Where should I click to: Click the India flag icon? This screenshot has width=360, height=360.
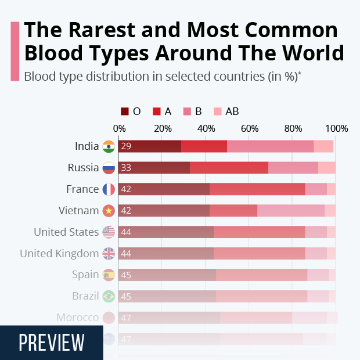pos(109,146)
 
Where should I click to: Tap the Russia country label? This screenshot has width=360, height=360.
pos(83,168)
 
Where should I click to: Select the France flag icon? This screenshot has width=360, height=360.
pos(109,189)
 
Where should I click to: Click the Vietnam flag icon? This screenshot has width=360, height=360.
pos(109,211)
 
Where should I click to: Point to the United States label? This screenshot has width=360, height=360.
pos(66,232)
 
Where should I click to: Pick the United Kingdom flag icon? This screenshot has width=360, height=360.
pos(109,254)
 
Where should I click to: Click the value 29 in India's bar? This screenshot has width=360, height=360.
pos(126,146)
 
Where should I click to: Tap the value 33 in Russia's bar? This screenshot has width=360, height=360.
pos(126,168)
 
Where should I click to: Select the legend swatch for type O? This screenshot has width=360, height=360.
pos(125,111)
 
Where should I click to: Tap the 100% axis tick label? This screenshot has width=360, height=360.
pos(336,128)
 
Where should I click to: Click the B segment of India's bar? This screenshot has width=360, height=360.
pos(270,146)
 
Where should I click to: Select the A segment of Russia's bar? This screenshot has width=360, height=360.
pos(229,168)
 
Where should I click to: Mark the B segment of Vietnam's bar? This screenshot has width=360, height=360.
pos(291,211)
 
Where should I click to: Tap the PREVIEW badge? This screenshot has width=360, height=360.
pos(52,343)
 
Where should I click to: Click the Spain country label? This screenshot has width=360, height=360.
pos(85,275)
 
